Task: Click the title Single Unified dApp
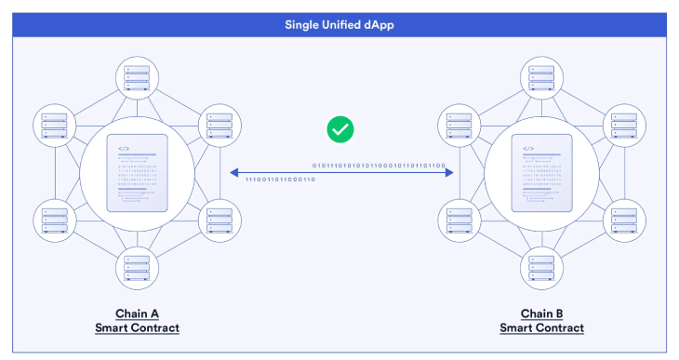tap(339, 24)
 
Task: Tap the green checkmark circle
tap(340, 129)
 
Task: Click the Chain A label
tap(137, 313)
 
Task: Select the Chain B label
tap(541, 313)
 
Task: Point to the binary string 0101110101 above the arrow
tap(379, 166)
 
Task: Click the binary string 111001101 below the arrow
tap(280, 179)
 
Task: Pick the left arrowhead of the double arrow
tap(233, 172)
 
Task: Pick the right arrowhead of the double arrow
tap(460, 172)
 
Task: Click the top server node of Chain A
tap(137, 77)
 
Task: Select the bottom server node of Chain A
tap(137, 268)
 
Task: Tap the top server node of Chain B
tap(542, 77)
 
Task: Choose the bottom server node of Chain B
tap(542, 268)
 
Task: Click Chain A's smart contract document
tap(138, 173)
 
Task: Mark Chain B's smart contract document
tap(542, 173)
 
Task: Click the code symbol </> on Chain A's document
tap(123, 149)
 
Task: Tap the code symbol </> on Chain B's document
tap(528, 149)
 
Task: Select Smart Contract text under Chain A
tap(137, 328)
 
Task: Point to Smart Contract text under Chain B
tap(541, 328)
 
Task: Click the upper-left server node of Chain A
tap(54, 125)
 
